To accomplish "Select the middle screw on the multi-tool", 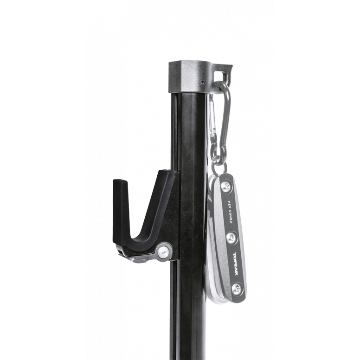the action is [x=231, y=237].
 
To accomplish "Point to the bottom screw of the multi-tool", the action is [x=237, y=289].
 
